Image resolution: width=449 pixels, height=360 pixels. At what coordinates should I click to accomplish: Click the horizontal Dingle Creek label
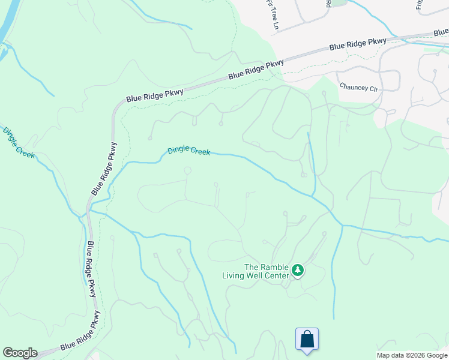pos(189,151)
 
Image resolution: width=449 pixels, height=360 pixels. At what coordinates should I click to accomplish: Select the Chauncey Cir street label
pos(358,86)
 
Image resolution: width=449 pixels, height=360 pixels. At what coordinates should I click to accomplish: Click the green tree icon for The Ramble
pos(297,271)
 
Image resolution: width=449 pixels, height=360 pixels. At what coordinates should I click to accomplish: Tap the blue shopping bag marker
pos(307,339)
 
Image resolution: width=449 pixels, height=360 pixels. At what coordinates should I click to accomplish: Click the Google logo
pos(20,353)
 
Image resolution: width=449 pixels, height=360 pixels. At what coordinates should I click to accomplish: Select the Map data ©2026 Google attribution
pos(412,355)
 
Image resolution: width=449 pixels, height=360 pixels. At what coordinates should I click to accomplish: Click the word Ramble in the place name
pos(274,268)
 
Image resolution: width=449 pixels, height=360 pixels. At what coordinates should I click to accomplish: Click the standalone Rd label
pos(328,4)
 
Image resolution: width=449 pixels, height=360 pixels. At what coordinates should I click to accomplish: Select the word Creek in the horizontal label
pos(200,152)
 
